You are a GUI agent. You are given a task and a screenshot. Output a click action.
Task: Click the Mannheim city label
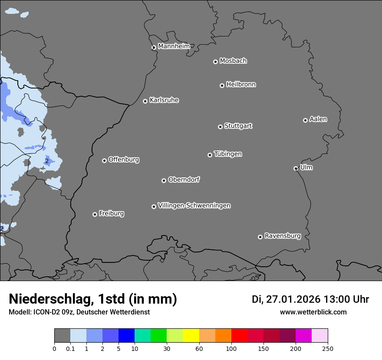174,46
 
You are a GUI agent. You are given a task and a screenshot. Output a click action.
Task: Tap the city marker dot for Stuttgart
220,127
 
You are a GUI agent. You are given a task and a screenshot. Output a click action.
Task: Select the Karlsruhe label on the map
164,100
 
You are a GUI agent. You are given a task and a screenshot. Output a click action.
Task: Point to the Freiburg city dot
95,214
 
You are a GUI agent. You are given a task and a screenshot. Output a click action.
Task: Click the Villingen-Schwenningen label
194,206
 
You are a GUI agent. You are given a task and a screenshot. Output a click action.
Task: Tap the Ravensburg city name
282,236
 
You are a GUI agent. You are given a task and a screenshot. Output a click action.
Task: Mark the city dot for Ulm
296,168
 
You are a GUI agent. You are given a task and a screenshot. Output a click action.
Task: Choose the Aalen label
318,119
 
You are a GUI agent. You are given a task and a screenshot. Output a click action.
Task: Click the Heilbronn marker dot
222,85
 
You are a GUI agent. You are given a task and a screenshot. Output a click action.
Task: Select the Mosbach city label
233,61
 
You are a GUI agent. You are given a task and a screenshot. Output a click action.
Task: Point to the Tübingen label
227,154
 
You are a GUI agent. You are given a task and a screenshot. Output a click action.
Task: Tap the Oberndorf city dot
164,180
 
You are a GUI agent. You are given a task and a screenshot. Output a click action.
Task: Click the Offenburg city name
123,160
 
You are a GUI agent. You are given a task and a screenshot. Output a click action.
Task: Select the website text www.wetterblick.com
313,312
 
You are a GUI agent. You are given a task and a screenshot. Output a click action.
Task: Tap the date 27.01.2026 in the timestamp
293,299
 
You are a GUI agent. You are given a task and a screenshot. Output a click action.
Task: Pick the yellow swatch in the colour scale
191,336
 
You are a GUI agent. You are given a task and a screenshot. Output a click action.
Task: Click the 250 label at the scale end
327,348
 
